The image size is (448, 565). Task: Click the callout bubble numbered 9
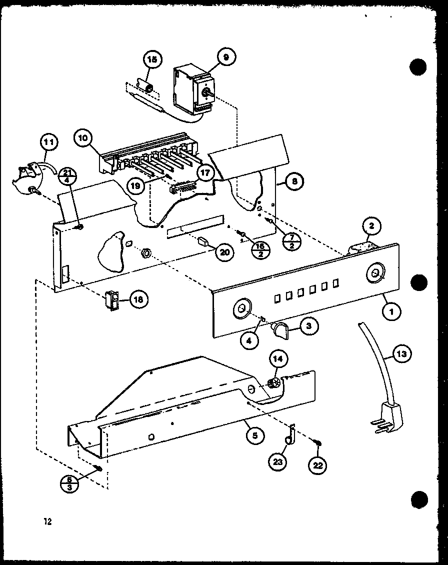226,58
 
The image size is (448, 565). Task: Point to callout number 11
49,143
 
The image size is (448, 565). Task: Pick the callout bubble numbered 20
224,252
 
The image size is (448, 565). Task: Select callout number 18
138,299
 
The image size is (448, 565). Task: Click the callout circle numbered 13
403,354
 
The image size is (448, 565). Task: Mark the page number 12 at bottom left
47,521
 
